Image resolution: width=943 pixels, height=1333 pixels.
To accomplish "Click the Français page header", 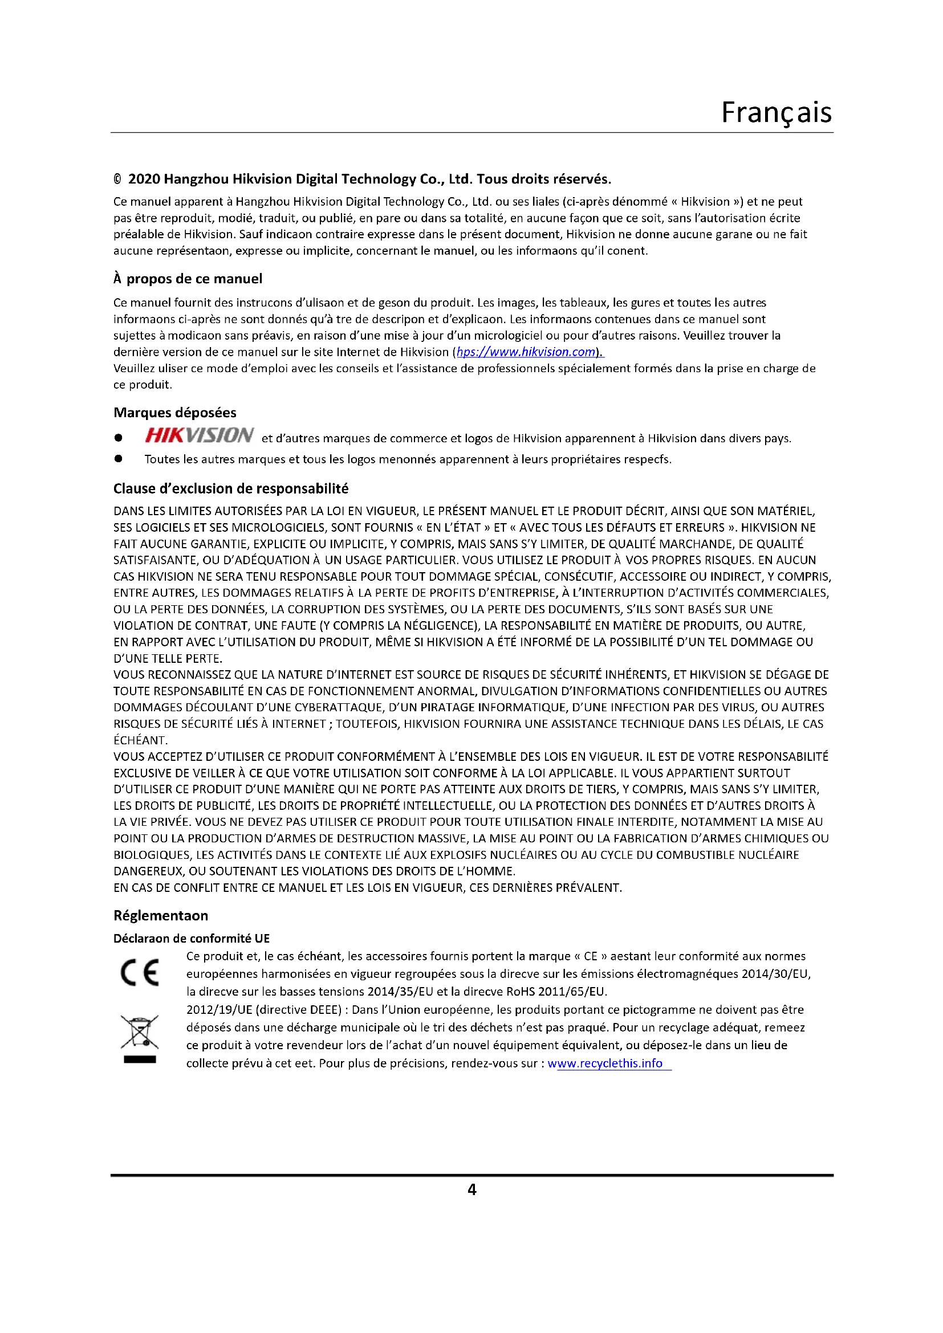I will click(x=776, y=112).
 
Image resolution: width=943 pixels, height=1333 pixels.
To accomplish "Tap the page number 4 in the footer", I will click(x=472, y=1189).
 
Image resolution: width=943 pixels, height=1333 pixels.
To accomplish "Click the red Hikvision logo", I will click(x=198, y=435).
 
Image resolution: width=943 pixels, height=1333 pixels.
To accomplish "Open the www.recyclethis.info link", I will click(x=605, y=1063).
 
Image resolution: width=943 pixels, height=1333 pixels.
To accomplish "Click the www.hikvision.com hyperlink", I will click(x=526, y=352).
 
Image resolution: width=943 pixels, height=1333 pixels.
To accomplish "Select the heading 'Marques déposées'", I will click(x=175, y=412).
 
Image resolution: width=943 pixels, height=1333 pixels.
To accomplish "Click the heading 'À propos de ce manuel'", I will click(x=188, y=279).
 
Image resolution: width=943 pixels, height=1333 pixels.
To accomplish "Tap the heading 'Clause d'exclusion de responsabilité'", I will click(x=230, y=488).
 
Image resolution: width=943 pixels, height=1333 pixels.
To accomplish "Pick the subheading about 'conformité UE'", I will click(x=192, y=938).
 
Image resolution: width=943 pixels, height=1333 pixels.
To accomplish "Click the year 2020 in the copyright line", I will click(x=144, y=179).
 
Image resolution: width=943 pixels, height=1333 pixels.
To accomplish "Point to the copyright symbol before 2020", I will click(x=118, y=180).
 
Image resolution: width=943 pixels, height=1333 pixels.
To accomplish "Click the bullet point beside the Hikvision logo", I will click(x=119, y=437).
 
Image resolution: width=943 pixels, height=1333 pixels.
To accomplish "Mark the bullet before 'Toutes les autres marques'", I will click(x=119, y=459).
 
